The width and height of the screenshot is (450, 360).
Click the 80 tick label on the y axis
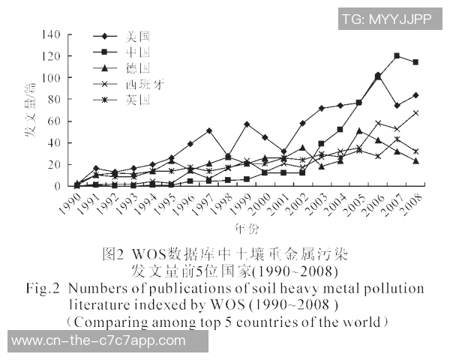click(55, 100)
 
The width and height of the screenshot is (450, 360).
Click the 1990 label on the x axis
click(70, 201)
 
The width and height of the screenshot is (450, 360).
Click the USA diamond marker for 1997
click(208, 130)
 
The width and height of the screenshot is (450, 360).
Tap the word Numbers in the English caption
click(104, 289)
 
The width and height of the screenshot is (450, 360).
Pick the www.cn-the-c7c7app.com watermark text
click(99, 340)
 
